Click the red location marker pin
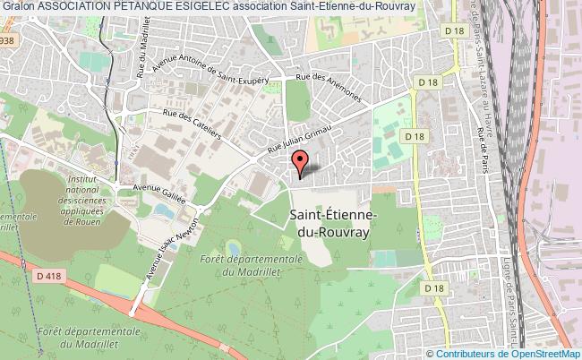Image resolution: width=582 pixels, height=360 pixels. tap(301, 163)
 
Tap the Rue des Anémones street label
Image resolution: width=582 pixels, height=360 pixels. tap(332, 89)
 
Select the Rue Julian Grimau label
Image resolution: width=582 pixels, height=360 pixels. tap(301, 138)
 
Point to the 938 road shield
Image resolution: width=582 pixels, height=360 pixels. tap(7, 41)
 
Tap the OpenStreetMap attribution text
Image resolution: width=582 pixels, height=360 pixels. tap(543, 354)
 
